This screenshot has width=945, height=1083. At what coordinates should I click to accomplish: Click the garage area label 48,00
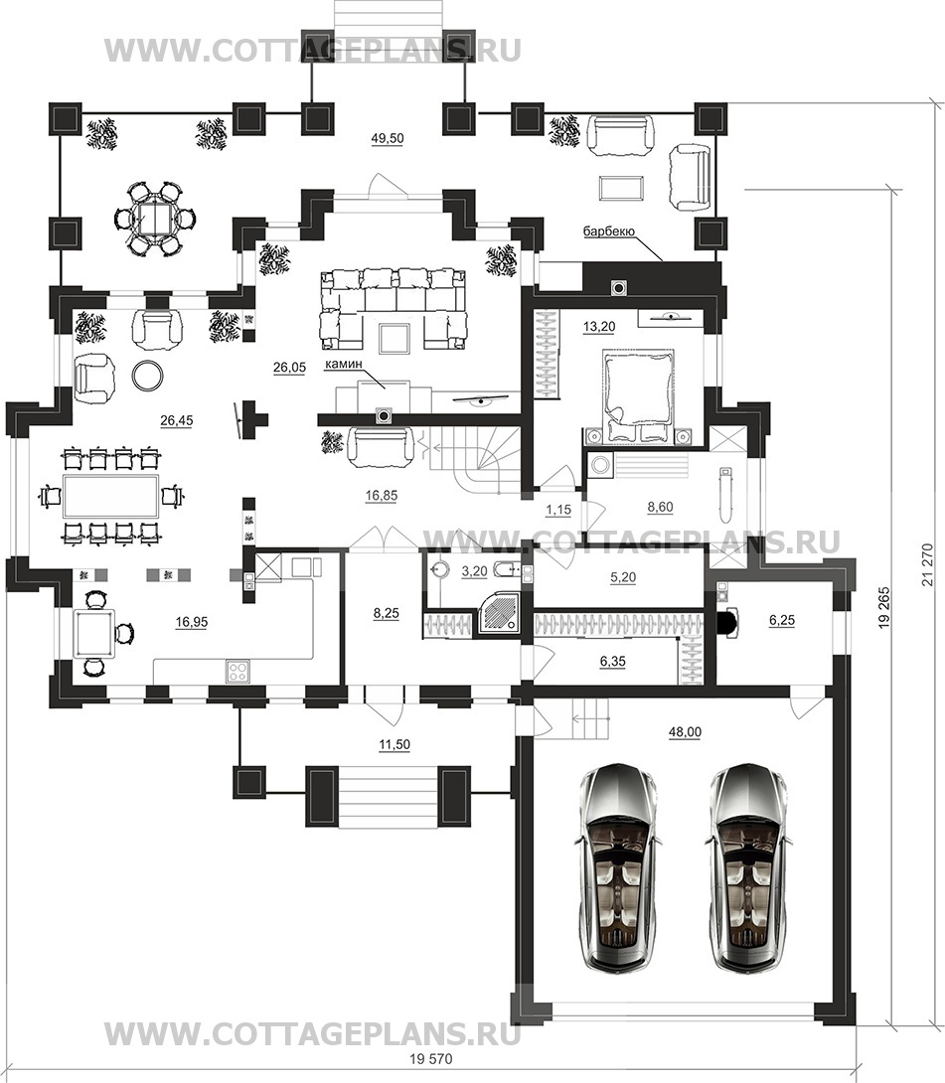pyautogui.click(x=684, y=732)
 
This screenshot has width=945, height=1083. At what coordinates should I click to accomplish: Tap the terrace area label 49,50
pyautogui.click(x=388, y=138)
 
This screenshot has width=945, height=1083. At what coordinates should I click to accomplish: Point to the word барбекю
pyautogui.click(x=608, y=232)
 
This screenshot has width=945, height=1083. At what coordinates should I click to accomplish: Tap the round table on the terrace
pyautogui.click(x=152, y=219)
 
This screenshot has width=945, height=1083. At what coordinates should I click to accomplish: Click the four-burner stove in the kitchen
pyautogui.click(x=237, y=671)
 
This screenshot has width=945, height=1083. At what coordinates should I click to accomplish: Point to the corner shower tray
pyautogui.click(x=500, y=613)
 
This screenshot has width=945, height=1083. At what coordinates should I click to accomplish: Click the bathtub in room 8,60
pyautogui.click(x=725, y=496)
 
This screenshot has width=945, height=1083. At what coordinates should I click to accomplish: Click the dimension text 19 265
pyautogui.click(x=885, y=606)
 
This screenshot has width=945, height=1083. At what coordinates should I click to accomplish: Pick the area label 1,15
pyautogui.click(x=558, y=510)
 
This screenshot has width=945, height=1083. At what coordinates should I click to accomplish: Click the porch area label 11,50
pyautogui.click(x=394, y=744)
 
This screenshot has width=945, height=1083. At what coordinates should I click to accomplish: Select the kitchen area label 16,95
pyautogui.click(x=192, y=622)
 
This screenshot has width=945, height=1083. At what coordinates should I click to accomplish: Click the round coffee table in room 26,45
pyautogui.click(x=148, y=375)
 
